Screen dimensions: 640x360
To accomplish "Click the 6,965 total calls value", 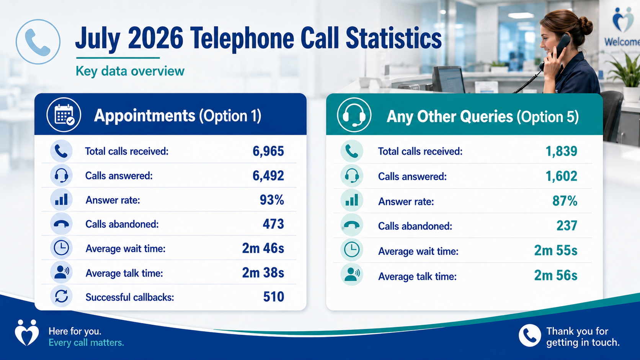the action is pyautogui.click(x=268, y=151).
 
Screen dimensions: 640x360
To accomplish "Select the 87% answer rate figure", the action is pyautogui.click(x=565, y=201).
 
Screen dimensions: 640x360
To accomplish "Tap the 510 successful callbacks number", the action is pyautogui.click(x=273, y=296).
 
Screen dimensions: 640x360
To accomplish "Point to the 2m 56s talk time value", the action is pyautogui.click(x=556, y=275).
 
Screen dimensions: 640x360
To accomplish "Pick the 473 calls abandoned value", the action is pyautogui.click(x=273, y=224).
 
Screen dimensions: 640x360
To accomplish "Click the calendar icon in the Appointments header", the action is pyautogui.click(x=64, y=115).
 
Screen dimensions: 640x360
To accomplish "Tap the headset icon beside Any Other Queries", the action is pyautogui.click(x=354, y=115).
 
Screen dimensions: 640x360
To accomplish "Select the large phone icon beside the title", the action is pyautogui.click(x=38, y=42).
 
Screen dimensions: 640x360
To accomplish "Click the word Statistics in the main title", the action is pyautogui.click(x=394, y=39).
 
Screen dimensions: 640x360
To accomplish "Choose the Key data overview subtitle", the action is pyautogui.click(x=130, y=71).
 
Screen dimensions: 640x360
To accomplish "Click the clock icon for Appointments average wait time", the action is pyautogui.click(x=61, y=248).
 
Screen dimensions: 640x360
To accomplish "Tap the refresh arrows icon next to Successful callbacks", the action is pyautogui.click(x=61, y=296).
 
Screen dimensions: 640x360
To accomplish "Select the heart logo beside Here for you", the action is pyautogui.click(x=26, y=332).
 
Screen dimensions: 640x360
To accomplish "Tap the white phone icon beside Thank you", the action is pyautogui.click(x=530, y=336).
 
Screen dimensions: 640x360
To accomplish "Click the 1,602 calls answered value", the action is pyautogui.click(x=562, y=176).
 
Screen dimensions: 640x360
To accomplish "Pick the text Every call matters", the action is pyautogui.click(x=86, y=342).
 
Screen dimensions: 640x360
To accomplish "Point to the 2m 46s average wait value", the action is pyautogui.click(x=263, y=248).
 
